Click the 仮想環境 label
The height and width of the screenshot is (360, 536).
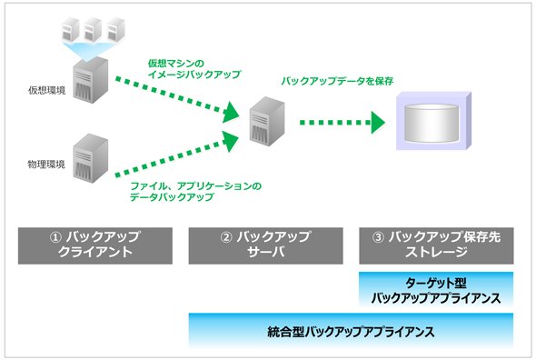pyautogui.click(x=46, y=90)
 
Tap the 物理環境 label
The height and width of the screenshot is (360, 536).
pyautogui.click(x=46, y=165)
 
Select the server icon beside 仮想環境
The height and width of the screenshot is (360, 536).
pyautogui.click(x=91, y=80)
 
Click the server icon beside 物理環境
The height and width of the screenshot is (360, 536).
pyautogui.click(x=91, y=158)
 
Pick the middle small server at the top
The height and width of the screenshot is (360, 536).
pyautogui.click(x=93, y=29)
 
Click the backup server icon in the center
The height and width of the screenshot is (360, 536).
pyautogui.click(x=267, y=121)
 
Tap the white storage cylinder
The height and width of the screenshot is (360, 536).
pyautogui.click(x=432, y=123)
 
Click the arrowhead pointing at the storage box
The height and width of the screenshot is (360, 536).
pyautogui.click(x=378, y=123)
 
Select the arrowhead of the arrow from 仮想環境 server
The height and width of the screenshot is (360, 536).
pyautogui.click(x=231, y=112)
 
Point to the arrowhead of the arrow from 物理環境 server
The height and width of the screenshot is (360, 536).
pyautogui.click(x=231, y=140)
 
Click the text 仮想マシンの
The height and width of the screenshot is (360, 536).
pyautogui.click(x=175, y=64)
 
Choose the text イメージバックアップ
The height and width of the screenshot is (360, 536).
pyautogui.click(x=194, y=75)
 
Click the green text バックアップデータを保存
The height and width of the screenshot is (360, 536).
pyautogui.click(x=337, y=81)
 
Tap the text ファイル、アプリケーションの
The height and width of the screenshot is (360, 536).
pyautogui.click(x=196, y=186)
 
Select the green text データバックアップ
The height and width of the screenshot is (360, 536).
pyautogui.click(x=172, y=197)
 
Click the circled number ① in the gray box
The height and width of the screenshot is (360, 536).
pyautogui.click(x=55, y=237)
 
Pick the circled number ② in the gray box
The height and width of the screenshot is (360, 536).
pyautogui.click(x=226, y=237)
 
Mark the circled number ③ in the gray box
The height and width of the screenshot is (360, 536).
pyautogui.click(x=378, y=237)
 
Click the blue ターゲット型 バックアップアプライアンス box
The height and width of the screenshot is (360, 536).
pyautogui.click(x=436, y=289)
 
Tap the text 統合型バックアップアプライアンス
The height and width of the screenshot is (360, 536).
pyautogui.click(x=351, y=332)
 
